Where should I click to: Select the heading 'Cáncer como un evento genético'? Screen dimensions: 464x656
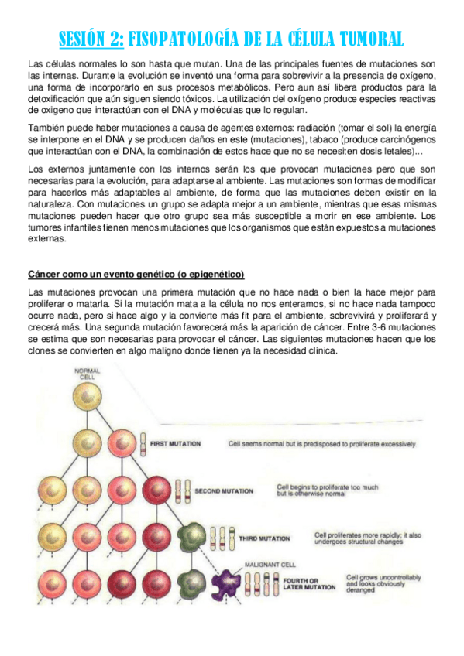(x=136, y=275)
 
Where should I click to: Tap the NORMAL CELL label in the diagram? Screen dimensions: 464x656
(x=87, y=374)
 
